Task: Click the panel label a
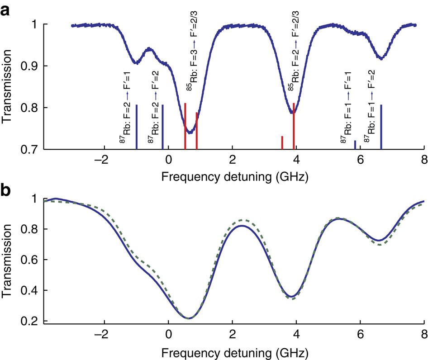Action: (x=6, y=11)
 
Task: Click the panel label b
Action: (x=6, y=191)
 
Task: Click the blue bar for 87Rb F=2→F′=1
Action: (x=136, y=127)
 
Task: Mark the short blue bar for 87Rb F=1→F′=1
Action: (x=355, y=145)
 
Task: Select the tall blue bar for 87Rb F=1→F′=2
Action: (x=381, y=127)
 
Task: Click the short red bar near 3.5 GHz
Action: (x=282, y=142)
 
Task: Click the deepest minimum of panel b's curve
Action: (x=189, y=318)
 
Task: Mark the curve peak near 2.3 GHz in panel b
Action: (x=243, y=225)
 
